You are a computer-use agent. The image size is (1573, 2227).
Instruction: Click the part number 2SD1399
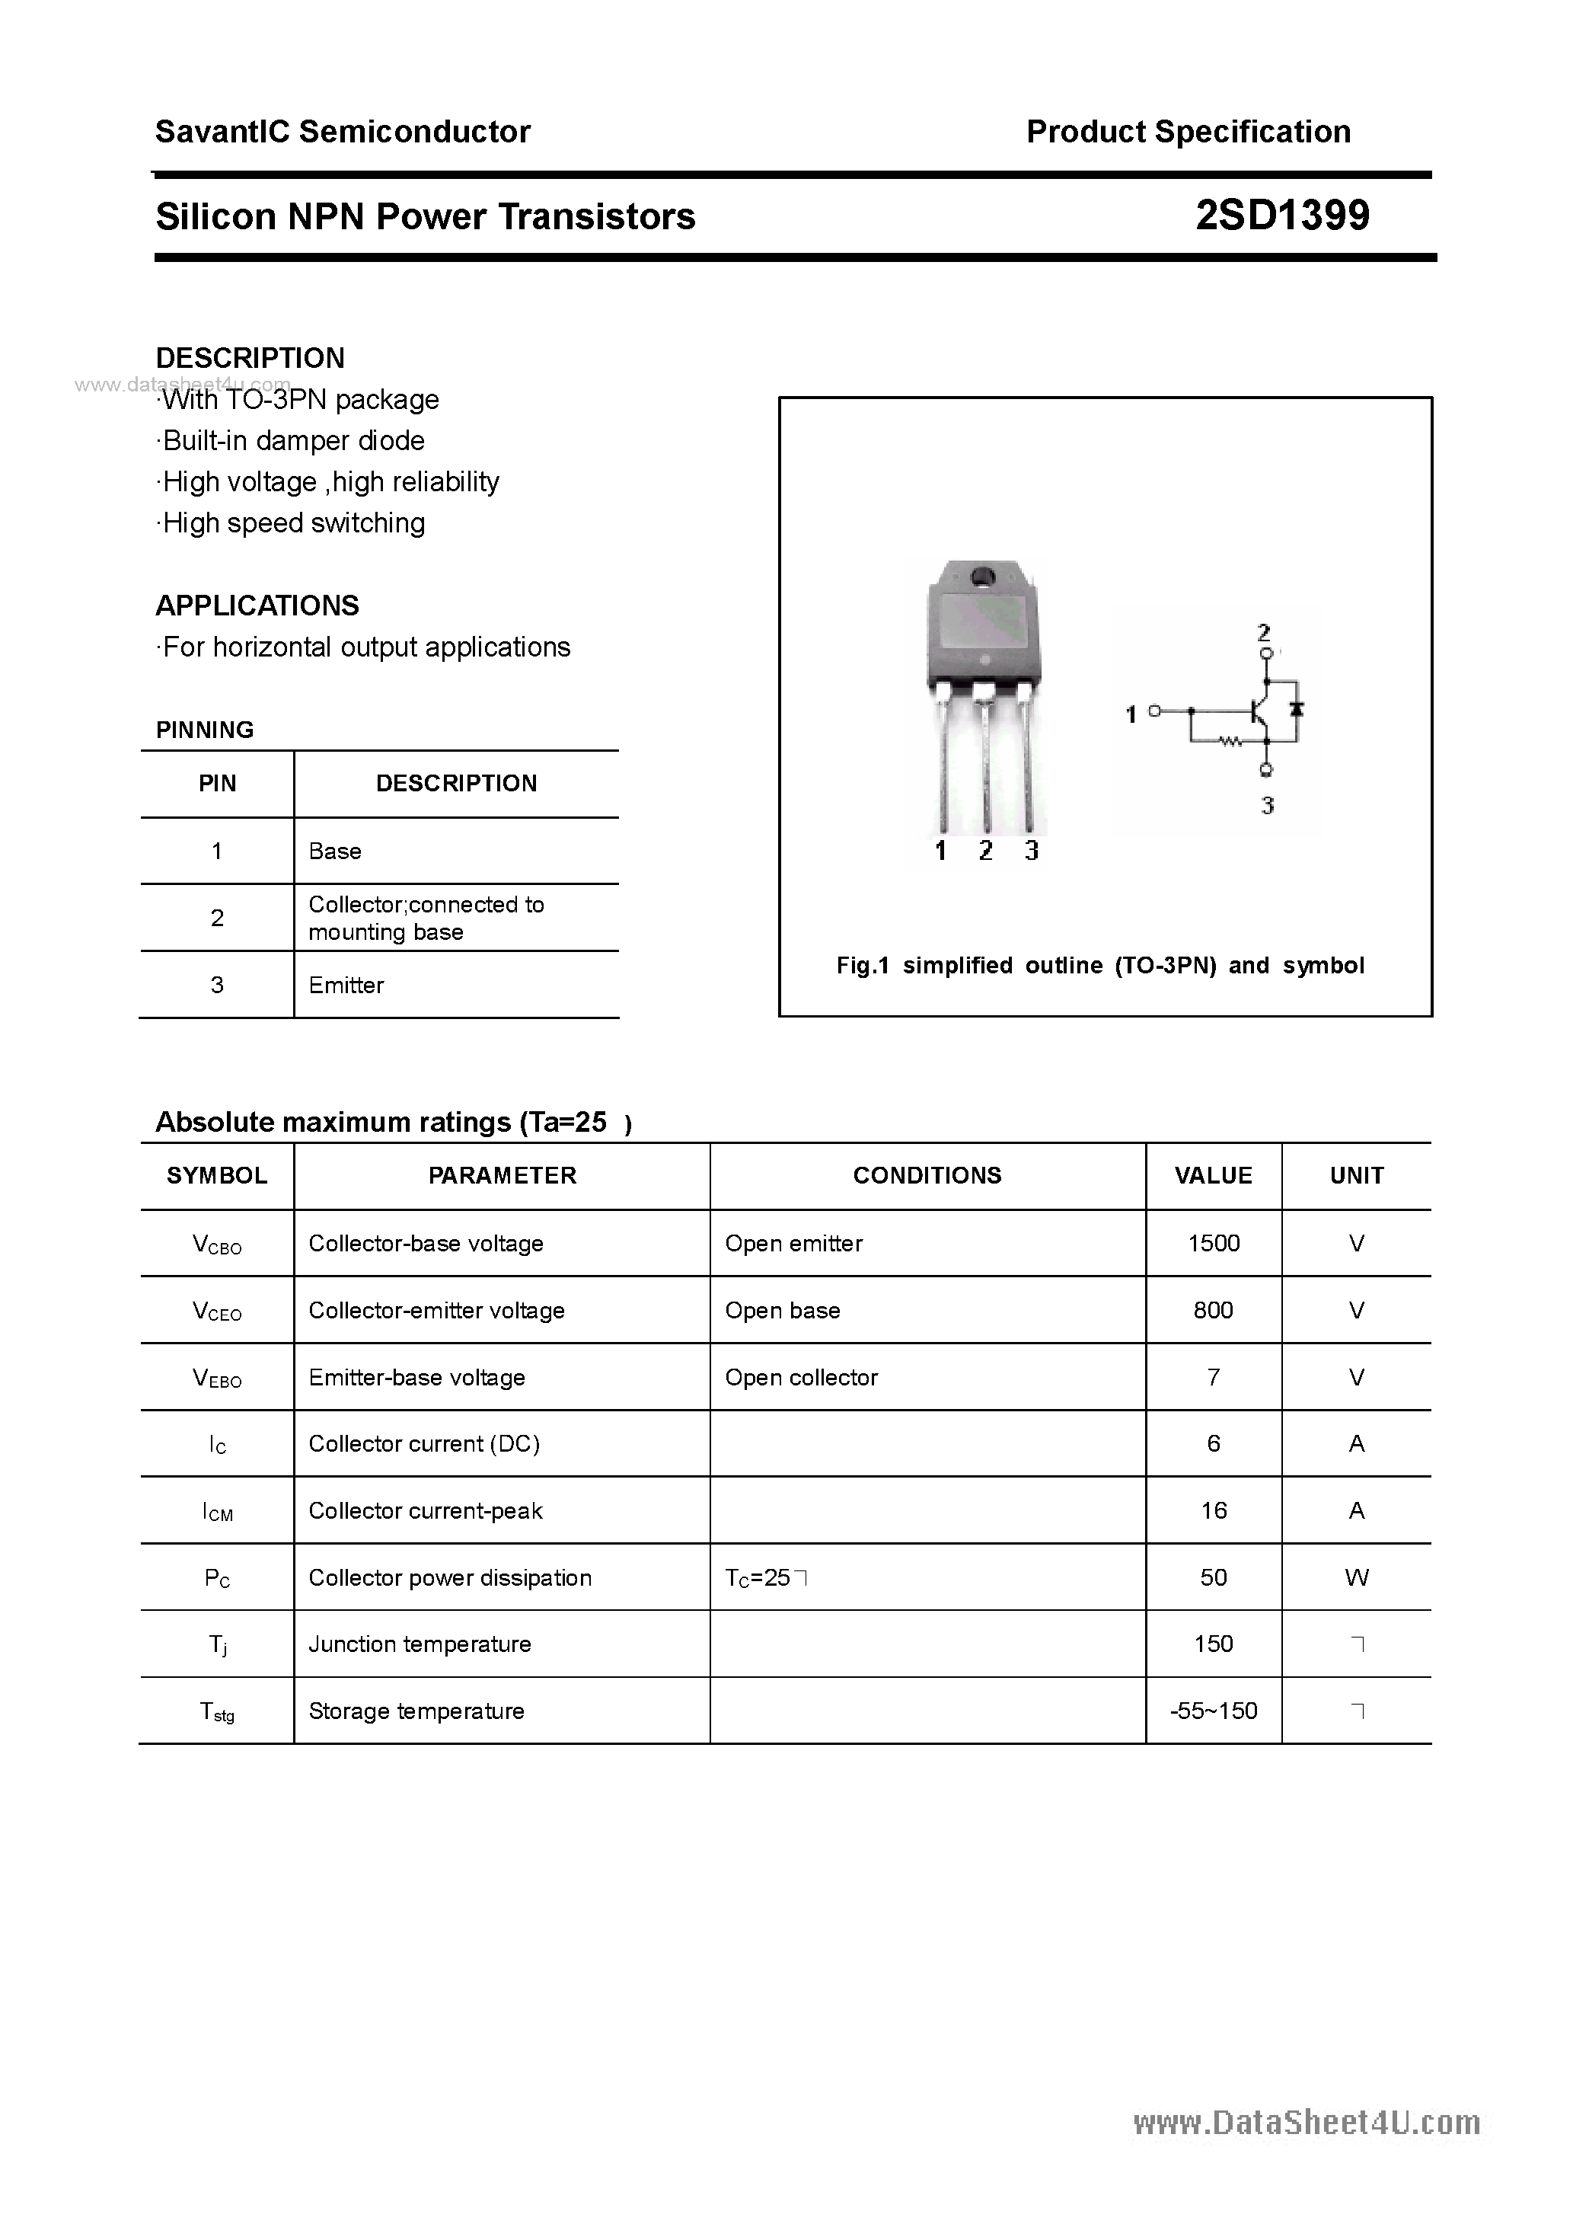(1282, 216)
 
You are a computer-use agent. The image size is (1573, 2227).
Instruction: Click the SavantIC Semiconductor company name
(343, 131)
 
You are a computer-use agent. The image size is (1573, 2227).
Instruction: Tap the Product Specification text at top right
(1188, 131)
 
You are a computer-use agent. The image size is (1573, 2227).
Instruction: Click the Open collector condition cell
(801, 1376)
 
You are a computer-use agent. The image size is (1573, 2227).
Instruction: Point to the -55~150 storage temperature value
(1213, 1710)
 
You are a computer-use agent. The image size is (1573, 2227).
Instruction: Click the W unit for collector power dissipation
(1356, 1577)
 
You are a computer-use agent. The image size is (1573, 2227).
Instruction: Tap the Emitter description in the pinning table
(346, 985)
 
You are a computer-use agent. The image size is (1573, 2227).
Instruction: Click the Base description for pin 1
(334, 851)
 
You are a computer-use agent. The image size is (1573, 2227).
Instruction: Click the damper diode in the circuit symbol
(1297, 709)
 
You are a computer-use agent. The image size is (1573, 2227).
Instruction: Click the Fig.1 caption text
(1099, 965)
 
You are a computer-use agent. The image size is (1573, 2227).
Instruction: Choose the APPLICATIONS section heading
(257, 605)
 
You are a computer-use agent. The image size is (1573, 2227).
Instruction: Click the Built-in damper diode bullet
(292, 440)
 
